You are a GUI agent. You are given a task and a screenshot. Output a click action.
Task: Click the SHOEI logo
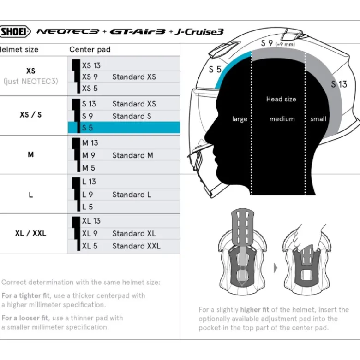[15, 31]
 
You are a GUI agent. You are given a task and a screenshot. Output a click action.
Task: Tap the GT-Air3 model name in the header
[137, 31]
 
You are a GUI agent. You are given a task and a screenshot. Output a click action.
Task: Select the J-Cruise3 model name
[199, 31]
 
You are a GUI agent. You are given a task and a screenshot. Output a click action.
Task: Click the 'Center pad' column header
[90, 50]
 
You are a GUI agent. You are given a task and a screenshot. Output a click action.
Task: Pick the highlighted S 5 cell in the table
[124, 128]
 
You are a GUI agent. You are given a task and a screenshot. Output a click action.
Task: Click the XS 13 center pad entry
[91, 65]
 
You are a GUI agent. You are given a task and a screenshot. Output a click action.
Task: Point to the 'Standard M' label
[132, 155]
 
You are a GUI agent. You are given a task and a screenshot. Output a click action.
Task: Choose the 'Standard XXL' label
[136, 246]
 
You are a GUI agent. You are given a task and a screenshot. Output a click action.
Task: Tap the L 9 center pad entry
[88, 195]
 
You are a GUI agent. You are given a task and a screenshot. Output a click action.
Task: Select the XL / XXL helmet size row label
[30, 234]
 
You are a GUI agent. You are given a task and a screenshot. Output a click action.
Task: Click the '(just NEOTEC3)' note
[30, 81]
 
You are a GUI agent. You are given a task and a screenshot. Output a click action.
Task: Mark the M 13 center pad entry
[90, 143]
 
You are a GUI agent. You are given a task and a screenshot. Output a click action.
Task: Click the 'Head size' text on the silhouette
[281, 99]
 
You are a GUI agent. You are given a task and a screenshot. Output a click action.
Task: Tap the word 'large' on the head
[240, 119]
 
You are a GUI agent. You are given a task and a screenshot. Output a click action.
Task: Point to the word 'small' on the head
[318, 119]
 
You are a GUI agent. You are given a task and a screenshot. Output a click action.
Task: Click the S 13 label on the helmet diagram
[339, 84]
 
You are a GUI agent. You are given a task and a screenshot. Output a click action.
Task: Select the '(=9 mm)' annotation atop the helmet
[285, 44]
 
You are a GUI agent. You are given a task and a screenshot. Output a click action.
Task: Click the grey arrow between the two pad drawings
[276, 268]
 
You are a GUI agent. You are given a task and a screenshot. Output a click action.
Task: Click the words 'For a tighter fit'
[25, 296]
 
